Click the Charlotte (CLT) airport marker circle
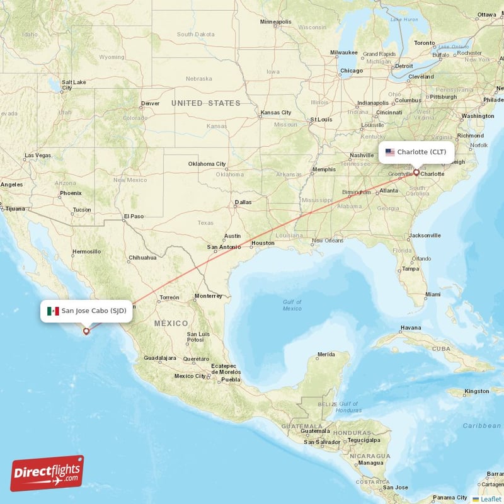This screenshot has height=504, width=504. click(x=416, y=171)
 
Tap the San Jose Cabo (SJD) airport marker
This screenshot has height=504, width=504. click(x=86, y=330)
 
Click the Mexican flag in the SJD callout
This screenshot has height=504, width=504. click(x=53, y=311)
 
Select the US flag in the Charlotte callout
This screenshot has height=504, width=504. click(x=390, y=152)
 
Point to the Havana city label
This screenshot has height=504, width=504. click(x=410, y=328)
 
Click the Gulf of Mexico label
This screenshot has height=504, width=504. click(x=292, y=305)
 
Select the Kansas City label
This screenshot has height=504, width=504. click(x=275, y=113)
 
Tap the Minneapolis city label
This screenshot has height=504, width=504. click(x=276, y=22)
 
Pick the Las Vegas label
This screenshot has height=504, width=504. click(x=38, y=155)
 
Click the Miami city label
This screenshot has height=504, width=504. click(x=433, y=294)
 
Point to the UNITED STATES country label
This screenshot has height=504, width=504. click(x=206, y=103)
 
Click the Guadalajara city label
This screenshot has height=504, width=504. click(x=159, y=358)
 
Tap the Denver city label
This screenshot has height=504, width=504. click(x=151, y=103)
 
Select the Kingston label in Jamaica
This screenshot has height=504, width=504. click(x=476, y=391)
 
